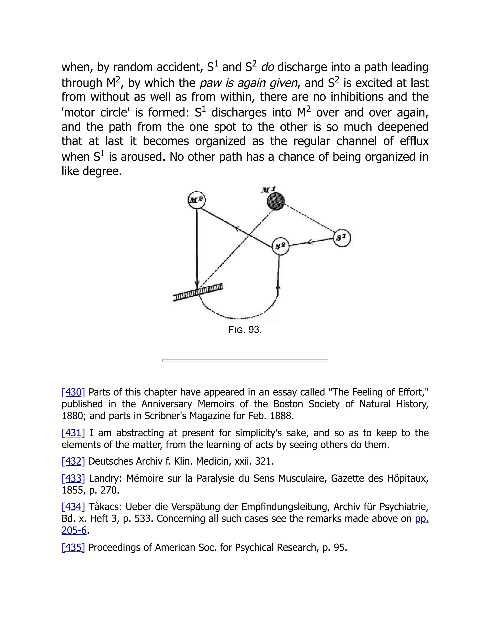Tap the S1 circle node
[342, 238]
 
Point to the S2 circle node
[280, 246]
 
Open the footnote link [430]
[73, 392]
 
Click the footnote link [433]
[73, 478]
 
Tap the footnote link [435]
[73, 547]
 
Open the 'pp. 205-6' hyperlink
[422, 518]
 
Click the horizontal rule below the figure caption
[245, 360]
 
